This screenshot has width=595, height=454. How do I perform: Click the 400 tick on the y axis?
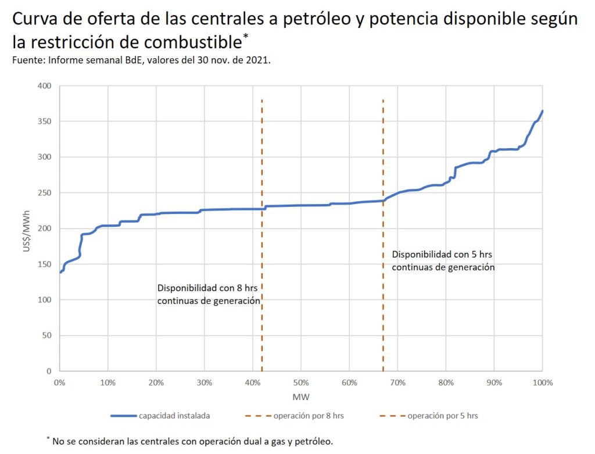click(45, 86)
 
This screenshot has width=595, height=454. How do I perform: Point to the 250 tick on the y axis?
click(45, 193)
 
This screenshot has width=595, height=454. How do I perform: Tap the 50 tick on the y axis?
click(47, 335)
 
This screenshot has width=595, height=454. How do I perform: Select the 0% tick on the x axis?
click(59, 383)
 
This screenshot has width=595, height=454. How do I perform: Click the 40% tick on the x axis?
click(252, 383)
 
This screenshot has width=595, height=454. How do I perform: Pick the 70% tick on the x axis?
click(397, 383)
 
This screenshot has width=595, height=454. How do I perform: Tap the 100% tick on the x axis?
click(542, 383)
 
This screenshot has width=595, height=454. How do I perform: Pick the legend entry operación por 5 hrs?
click(442, 416)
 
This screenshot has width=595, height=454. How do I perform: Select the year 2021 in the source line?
click(258, 60)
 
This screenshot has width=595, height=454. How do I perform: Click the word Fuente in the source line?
click(26, 60)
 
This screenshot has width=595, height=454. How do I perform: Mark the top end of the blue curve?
click(542, 111)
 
